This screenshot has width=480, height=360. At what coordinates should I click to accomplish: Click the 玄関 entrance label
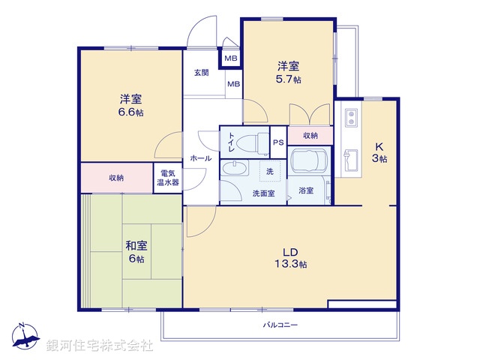[x=202, y=73]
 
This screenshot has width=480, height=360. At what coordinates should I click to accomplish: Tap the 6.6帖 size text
[x=130, y=112]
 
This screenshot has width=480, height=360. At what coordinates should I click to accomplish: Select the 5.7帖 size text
[x=288, y=79]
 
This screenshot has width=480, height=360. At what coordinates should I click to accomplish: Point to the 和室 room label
[x=136, y=246]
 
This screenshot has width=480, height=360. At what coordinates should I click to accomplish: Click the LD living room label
[x=290, y=251]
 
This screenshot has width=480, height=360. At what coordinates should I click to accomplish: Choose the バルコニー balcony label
[x=280, y=325]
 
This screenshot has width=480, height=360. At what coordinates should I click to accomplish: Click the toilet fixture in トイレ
[x=255, y=142]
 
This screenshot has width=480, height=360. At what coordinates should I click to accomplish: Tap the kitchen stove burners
[x=349, y=118]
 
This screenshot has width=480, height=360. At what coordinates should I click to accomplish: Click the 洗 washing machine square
[x=268, y=171]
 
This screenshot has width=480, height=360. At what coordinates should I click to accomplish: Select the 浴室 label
[x=305, y=191]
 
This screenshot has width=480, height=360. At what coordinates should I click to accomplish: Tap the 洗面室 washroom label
[x=263, y=193]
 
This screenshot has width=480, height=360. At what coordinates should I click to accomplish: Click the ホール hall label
[x=200, y=158]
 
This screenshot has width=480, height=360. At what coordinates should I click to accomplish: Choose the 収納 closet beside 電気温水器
[x=116, y=178]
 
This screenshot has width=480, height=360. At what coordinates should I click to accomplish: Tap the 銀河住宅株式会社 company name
[x=100, y=346]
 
